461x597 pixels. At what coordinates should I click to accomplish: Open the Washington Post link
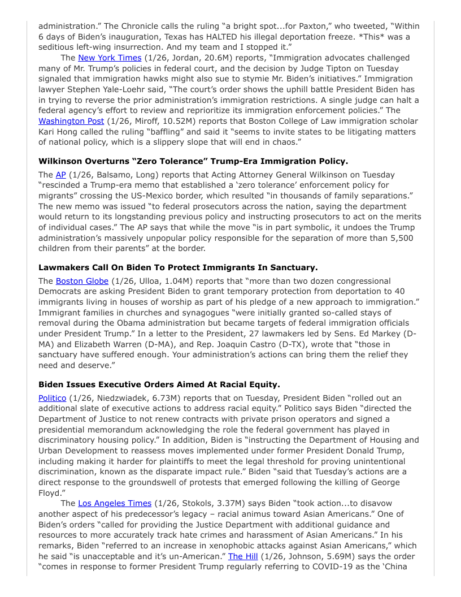72,121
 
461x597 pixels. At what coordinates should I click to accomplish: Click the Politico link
52,398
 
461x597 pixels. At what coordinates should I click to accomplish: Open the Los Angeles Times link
115,503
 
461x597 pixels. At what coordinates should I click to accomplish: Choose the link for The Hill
243,556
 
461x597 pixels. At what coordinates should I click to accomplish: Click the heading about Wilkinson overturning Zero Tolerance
193,161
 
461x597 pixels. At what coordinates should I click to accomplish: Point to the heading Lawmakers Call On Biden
178,267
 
